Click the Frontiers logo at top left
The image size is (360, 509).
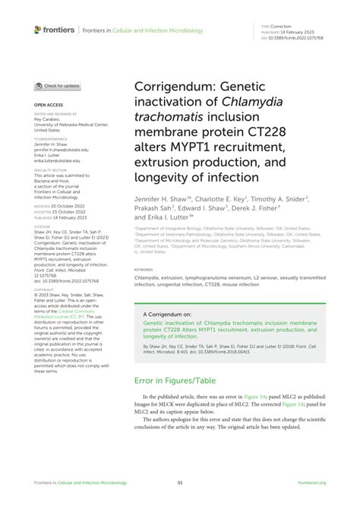pyautogui.click(x=55, y=30)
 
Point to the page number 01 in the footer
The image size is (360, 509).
pyautogui.click(x=180, y=482)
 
